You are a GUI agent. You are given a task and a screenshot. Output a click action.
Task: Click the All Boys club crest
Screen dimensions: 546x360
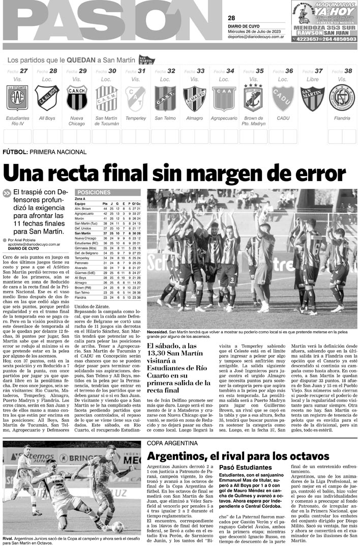(x=47, y=98)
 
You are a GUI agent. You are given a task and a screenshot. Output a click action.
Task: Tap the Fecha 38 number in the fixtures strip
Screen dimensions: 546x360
(x=348, y=71)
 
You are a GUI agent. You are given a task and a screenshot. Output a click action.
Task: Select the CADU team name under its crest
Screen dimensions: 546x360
(x=283, y=118)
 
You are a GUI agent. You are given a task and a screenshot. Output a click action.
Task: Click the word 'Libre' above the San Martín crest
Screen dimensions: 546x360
(x=313, y=79)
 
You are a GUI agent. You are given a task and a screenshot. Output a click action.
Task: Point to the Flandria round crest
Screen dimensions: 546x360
(x=342, y=98)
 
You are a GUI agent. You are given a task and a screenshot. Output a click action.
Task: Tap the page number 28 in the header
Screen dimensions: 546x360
(x=231, y=18)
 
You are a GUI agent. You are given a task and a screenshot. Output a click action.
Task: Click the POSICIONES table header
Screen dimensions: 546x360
(x=94, y=192)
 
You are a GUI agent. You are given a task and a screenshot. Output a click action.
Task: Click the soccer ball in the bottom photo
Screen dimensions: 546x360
(x=117, y=526)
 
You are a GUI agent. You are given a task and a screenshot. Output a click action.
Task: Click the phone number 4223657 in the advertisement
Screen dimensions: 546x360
(x=307, y=39)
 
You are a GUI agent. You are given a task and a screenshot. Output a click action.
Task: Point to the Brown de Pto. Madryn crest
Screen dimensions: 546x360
(x=253, y=98)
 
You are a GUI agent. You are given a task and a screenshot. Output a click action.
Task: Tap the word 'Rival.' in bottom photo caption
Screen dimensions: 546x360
(x=8, y=538)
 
